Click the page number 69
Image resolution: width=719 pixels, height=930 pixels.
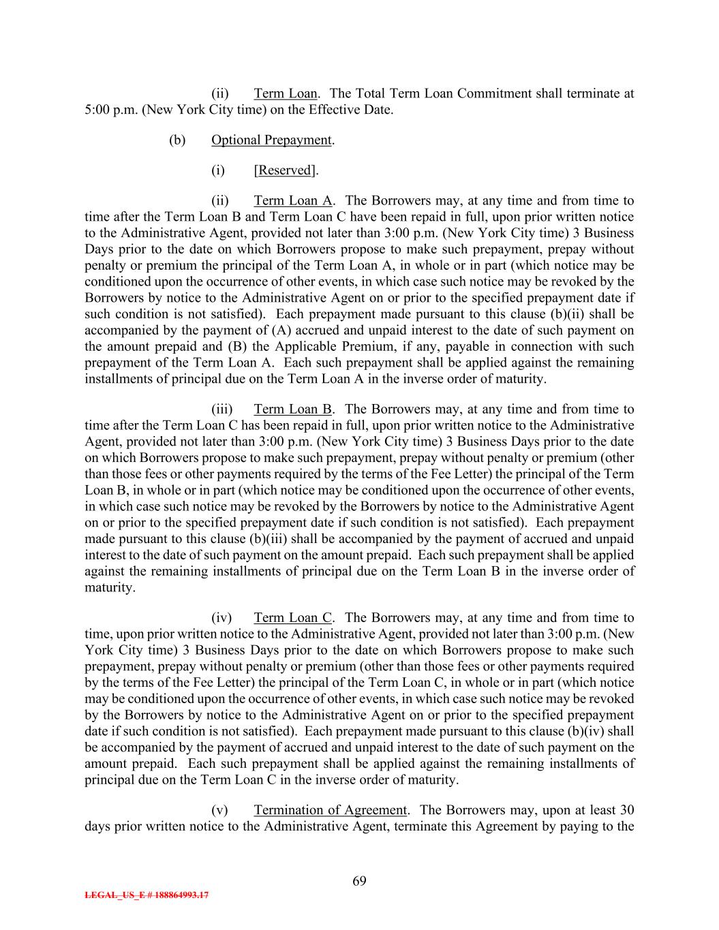click(x=359, y=881)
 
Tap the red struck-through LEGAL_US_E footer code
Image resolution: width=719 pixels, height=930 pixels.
click(x=147, y=895)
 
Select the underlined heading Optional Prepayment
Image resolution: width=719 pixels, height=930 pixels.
click(x=271, y=140)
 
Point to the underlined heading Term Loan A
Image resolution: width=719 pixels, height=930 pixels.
click(x=293, y=200)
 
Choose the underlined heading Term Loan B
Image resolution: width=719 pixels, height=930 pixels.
click(x=293, y=409)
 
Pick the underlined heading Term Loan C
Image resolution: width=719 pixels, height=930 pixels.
click(x=293, y=618)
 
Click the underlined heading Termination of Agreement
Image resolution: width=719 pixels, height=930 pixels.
click(x=331, y=810)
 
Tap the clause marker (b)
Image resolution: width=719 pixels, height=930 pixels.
click(x=177, y=140)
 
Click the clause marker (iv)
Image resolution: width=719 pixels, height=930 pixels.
click(x=221, y=618)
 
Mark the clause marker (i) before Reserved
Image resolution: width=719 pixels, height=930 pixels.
click(x=218, y=170)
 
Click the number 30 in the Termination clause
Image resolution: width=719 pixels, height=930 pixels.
click(x=626, y=810)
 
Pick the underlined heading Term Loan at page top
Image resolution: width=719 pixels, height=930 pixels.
click(x=285, y=93)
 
